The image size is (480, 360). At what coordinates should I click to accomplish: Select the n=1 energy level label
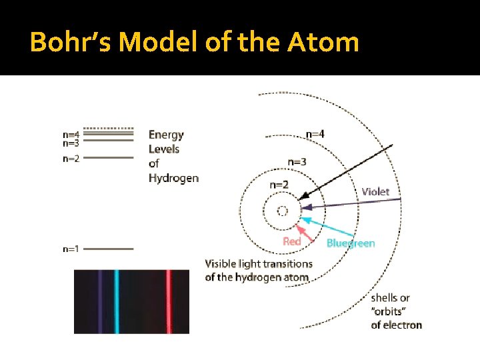pos(71,249)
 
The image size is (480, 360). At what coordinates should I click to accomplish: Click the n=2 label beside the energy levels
pos(71,159)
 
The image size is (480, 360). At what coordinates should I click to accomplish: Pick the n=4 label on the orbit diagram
pos(315,134)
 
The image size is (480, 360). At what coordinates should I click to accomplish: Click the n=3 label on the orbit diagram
pos(297,162)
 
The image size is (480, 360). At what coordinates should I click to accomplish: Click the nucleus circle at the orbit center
pos(282,211)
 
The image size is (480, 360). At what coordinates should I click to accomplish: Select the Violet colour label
pos(375,192)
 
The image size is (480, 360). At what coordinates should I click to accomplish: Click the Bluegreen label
pos(351,243)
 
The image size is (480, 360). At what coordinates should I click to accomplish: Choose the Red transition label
pos(292,241)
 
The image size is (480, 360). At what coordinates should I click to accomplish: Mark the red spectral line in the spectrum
pos(169,301)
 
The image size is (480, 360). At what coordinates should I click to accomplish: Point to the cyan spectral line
pos(116,301)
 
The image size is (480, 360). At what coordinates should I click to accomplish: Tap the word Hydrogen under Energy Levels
pos(173,178)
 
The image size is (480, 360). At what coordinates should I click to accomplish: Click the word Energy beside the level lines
pos(166,135)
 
